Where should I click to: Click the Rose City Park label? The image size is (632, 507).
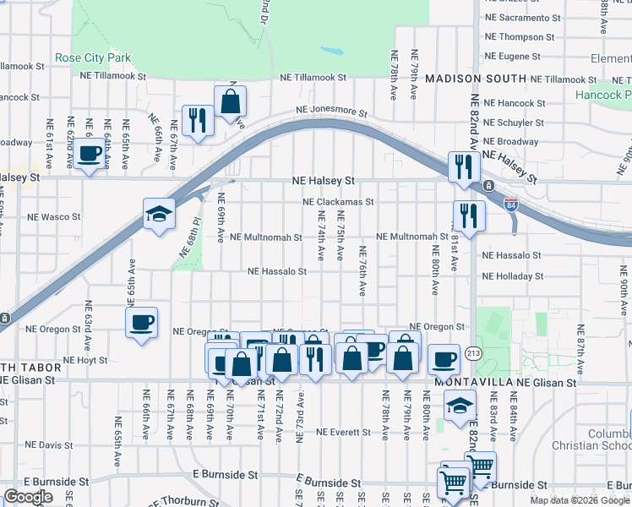94,58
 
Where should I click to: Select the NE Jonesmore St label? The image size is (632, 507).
331,112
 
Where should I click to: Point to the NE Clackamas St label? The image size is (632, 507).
339,203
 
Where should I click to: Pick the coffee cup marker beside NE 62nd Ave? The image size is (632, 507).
89,154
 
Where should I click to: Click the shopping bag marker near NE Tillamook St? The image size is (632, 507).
230,101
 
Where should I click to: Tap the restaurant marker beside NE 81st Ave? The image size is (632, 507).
469,215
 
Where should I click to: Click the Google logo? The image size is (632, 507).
28,497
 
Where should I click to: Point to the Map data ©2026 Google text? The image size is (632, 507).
580,500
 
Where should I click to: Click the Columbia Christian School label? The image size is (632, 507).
602,439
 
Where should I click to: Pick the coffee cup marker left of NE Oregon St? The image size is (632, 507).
141,321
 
